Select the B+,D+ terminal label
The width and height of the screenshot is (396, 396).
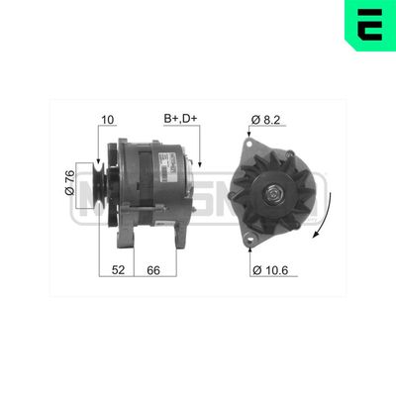(x=180, y=121)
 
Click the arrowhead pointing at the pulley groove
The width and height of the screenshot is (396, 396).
(x=99, y=157)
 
